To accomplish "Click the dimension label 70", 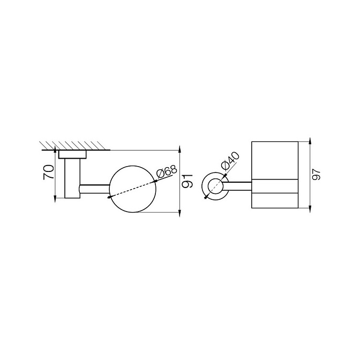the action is pos(49,172).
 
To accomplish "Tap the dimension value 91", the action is pos(187,181).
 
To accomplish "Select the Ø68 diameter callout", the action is pos(167,172).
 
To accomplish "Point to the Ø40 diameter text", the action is pos(230,161).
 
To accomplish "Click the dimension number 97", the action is pos(317,174).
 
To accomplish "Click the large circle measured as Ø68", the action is pos(132,166).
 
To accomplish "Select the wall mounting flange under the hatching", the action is pos(72,154).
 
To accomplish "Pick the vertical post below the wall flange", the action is pos(72,178).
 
